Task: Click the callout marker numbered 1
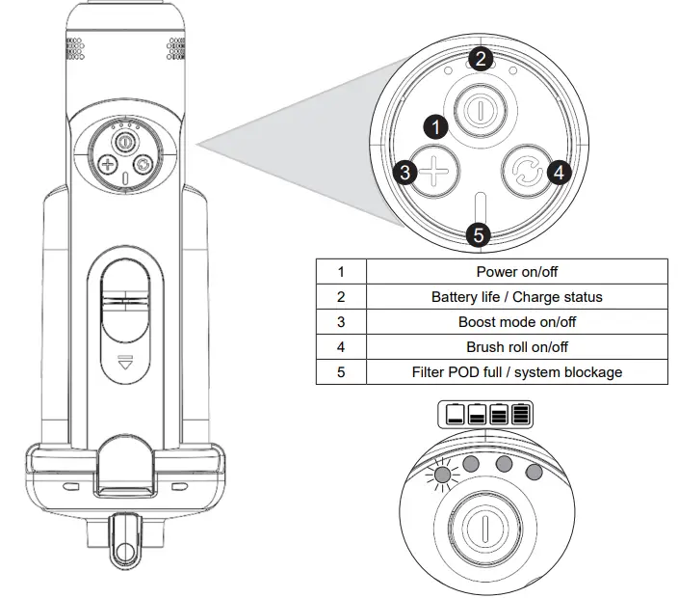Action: tap(436, 126)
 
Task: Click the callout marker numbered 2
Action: tap(482, 59)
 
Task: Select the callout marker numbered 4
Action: tap(559, 173)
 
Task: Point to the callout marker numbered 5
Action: tap(479, 234)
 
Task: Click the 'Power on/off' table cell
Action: tap(517, 272)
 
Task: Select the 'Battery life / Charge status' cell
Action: tap(517, 297)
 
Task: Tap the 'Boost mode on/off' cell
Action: tap(517, 322)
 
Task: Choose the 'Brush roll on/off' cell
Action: tap(517, 346)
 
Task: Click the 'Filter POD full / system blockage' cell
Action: tap(517, 371)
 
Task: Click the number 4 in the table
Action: tap(341, 346)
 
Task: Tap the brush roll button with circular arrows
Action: tap(525, 174)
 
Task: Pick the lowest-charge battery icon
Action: tap(455, 416)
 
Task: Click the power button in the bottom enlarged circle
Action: tap(479, 530)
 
